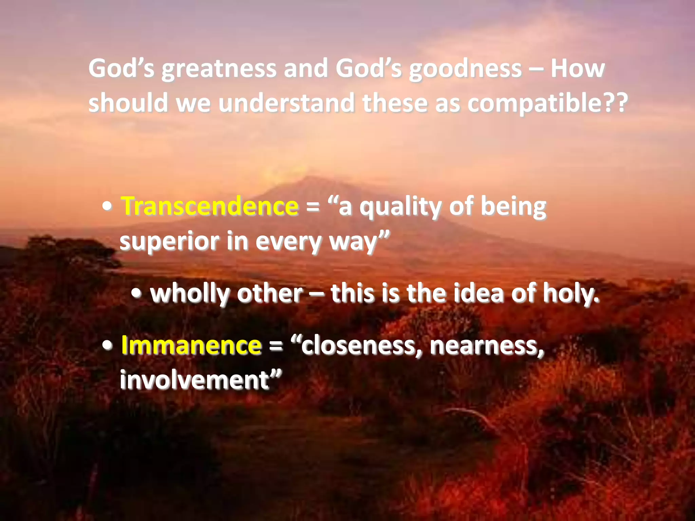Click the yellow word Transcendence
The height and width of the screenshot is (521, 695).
(x=210, y=206)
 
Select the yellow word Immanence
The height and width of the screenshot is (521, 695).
(x=191, y=345)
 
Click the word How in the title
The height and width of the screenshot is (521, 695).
(x=577, y=69)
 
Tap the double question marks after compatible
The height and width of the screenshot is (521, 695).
(x=615, y=103)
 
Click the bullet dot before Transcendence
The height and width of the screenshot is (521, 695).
(x=107, y=207)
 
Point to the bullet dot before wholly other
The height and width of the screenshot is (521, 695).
(x=136, y=294)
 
